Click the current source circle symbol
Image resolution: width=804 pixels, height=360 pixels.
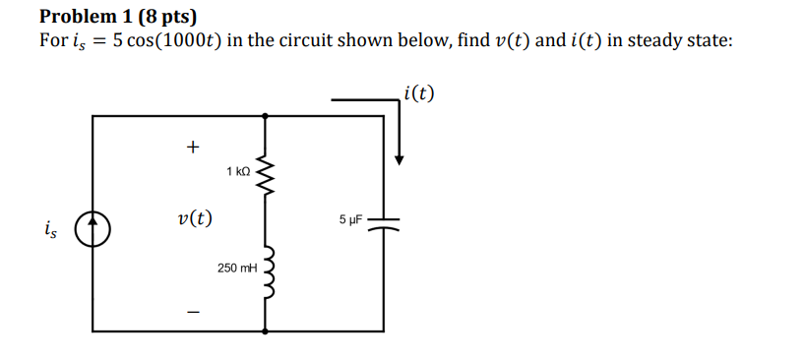(x=93, y=229)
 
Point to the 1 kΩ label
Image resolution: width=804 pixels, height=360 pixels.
(x=238, y=171)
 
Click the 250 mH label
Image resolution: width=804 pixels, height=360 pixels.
(x=236, y=268)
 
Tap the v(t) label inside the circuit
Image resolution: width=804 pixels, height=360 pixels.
(x=193, y=218)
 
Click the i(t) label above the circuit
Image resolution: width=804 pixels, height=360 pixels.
(x=418, y=94)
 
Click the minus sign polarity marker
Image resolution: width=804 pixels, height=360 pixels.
(x=193, y=314)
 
